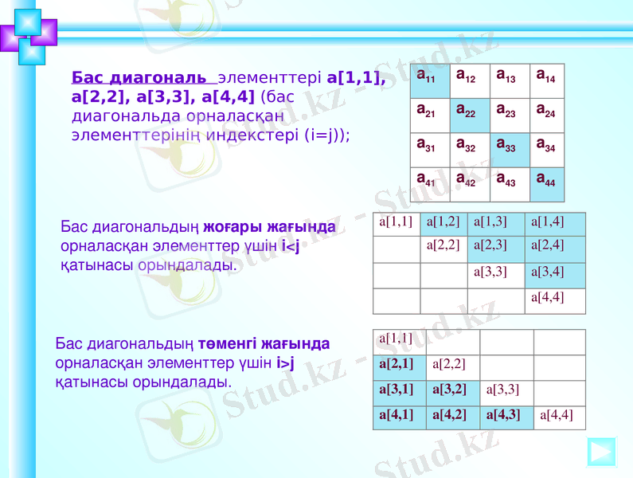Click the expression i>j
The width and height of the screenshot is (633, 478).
[284, 363]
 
